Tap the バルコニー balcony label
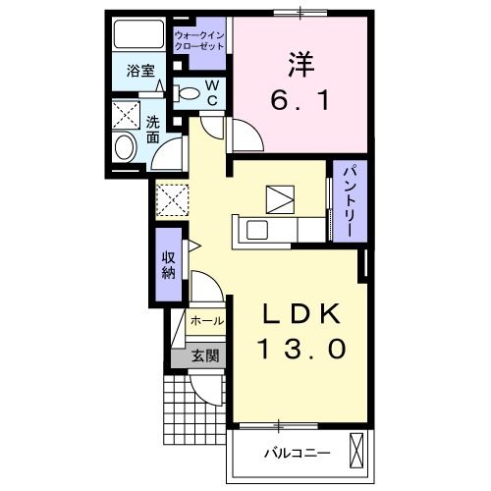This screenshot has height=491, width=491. coord(296,453)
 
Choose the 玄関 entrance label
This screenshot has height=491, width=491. coord(205,355)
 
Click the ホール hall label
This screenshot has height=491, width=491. coord(206,321)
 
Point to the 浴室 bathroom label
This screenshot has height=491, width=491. coord(139,70)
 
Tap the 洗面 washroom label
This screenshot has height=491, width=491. coord(154,132)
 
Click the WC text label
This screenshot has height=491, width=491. coord(212,93)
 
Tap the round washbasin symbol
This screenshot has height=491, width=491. coord(125,148)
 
